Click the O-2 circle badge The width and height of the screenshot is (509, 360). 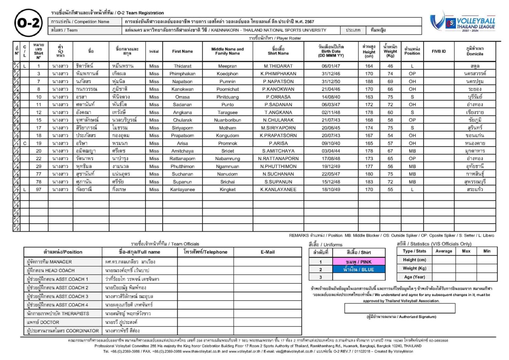point(29,23)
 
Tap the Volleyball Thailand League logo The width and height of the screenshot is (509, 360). point(463,22)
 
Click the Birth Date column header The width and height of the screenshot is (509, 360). point(331,51)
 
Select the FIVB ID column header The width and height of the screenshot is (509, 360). point(438,51)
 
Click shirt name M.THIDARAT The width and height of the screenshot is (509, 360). point(278,66)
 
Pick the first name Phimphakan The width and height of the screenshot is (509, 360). point(182,74)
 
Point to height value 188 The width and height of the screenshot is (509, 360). point(369,82)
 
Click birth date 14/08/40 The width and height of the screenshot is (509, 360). point(331,97)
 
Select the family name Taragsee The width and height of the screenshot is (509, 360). point(227,113)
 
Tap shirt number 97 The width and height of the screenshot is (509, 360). point(39,190)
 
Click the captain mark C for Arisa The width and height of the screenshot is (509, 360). point(25,144)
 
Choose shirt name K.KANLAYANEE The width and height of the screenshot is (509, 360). point(278,190)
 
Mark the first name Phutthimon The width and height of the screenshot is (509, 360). point(182,167)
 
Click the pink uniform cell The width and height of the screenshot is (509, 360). point(359,262)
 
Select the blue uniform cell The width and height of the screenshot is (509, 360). point(359,269)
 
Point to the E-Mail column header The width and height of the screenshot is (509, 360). point(268,252)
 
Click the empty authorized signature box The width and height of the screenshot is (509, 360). point(400,308)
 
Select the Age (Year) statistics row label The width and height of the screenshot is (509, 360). point(414,277)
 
